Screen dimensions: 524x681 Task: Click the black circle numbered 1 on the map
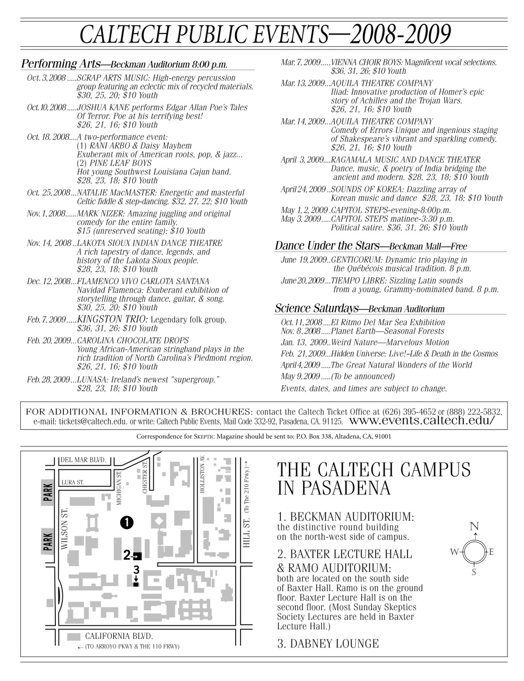point(127,522)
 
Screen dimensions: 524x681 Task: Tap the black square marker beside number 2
point(138,557)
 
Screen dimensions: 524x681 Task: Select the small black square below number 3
point(136,584)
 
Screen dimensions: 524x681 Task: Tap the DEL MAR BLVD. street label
point(84,460)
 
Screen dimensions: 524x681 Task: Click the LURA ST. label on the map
point(73,483)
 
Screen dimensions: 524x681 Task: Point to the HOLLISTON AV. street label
point(202,474)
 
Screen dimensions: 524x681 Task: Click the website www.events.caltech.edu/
point(422,420)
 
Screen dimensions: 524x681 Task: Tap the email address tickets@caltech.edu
point(93,421)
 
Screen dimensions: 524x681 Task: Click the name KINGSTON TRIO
point(112,319)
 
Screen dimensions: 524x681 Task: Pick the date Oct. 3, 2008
point(46,78)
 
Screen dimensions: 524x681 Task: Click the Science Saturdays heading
point(317,309)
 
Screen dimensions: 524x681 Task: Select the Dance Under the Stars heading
point(327,246)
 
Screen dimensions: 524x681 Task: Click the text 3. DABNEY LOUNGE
point(328,644)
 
